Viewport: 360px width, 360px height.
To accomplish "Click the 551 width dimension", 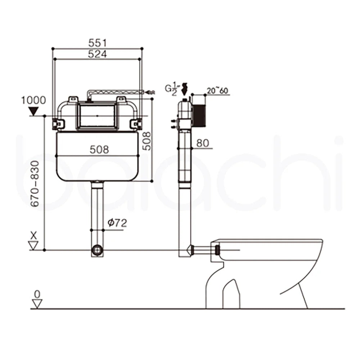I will click(x=98, y=42).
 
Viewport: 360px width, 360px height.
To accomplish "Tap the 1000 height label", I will click(x=33, y=100).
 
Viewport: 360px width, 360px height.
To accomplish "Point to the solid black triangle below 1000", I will click(x=33, y=111).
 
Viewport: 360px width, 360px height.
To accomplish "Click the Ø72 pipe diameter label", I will click(x=117, y=223).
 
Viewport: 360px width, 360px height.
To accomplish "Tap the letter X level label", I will click(x=34, y=236).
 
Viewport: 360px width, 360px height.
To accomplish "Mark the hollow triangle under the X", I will click(x=34, y=246).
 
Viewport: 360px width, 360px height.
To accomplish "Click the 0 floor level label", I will click(x=36, y=294).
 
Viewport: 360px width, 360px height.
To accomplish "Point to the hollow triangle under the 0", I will click(x=36, y=304).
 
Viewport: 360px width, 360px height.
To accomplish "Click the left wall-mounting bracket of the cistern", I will click(x=58, y=123).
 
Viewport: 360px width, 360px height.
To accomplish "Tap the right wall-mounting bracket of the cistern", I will click(x=136, y=124).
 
